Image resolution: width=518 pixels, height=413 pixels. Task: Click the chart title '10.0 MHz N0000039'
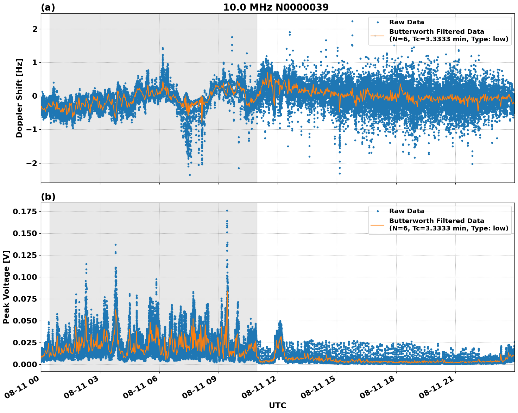276,7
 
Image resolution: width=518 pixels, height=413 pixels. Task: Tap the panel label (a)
48,7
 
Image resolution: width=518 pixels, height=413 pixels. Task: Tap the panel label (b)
48,197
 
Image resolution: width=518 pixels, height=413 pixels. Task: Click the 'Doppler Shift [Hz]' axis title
19,98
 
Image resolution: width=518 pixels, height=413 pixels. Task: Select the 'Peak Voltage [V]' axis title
6,287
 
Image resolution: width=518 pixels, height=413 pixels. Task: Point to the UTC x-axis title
277,405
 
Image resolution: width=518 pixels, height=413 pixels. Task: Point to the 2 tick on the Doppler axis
34,29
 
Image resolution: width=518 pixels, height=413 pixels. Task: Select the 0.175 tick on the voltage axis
25,211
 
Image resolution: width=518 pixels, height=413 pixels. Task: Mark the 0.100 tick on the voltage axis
25,277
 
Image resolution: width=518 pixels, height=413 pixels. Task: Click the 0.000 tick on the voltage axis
25,364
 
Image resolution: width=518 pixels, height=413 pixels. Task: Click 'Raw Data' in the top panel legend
406,22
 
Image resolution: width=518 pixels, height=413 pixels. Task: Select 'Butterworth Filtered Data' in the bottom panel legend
436,221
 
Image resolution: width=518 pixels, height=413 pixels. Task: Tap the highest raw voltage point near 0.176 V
227,210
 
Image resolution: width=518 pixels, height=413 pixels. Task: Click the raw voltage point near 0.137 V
115,245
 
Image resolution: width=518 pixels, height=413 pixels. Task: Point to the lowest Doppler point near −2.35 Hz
190,175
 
